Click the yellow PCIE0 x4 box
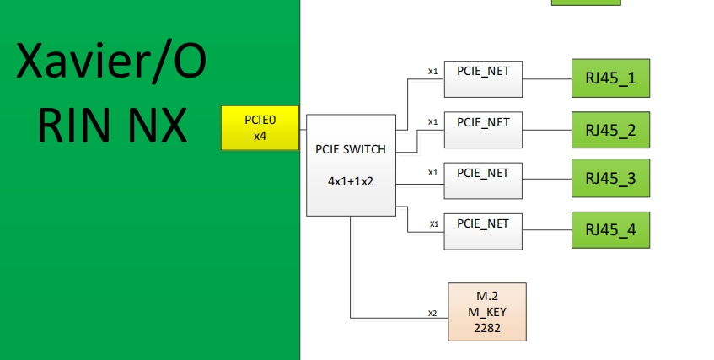[x=260, y=128]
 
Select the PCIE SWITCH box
[x=351, y=165]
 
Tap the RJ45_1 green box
[x=610, y=80]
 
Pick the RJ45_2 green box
[x=610, y=130]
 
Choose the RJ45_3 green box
[x=610, y=179]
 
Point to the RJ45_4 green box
[x=610, y=229]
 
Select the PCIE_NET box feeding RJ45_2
[x=483, y=130]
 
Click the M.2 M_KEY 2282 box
[x=487, y=312]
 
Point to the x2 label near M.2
[x=432, y=313]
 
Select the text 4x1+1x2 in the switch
[x=351, y=180]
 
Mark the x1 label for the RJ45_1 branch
[x=432, y=71]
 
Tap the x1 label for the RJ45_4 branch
[x=432, y=223]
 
